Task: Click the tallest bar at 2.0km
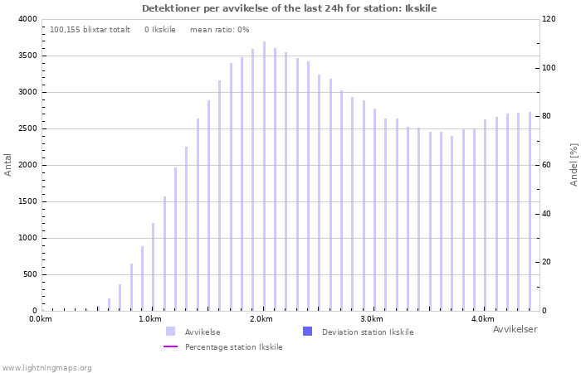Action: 264,176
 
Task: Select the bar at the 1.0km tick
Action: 153,267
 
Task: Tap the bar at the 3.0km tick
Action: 374,210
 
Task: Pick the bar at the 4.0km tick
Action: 485,215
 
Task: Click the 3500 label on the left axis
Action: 27,56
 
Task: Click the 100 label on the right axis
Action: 549,68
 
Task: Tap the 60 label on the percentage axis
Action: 547,165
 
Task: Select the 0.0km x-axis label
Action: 41,319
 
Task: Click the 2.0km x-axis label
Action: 261,319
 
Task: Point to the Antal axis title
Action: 7,165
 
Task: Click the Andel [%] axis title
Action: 574,165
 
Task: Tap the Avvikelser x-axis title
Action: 515,329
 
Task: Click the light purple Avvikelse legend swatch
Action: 170,332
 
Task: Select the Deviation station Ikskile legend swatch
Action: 308,332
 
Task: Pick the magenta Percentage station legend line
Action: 170,346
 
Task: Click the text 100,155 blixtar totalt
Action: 90,30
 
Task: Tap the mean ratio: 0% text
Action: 220,30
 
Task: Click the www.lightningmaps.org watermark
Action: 46,368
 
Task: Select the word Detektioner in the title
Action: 171,8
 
